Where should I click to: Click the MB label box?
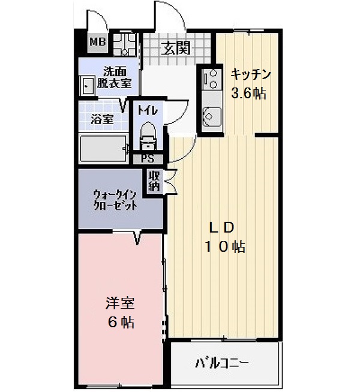(97, 42)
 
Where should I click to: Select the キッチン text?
(251, 74)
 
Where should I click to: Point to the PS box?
(148, 159)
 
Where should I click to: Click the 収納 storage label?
(154, 180)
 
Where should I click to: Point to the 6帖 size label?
(121, 322)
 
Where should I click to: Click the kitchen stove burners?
(211, 79)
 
